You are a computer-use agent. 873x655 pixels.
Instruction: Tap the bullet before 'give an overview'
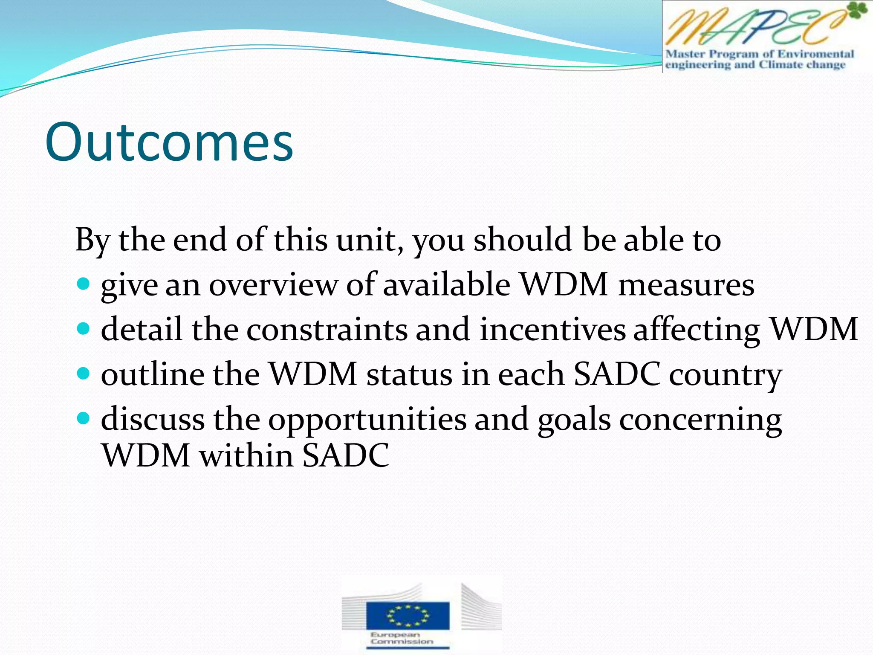84,284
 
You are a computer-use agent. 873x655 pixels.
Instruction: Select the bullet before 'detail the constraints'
84,329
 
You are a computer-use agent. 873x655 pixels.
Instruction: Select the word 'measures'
686,285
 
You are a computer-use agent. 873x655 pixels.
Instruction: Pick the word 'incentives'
552,330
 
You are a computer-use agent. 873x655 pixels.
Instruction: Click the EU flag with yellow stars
408,615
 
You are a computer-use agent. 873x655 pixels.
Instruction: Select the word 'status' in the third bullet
410,374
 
